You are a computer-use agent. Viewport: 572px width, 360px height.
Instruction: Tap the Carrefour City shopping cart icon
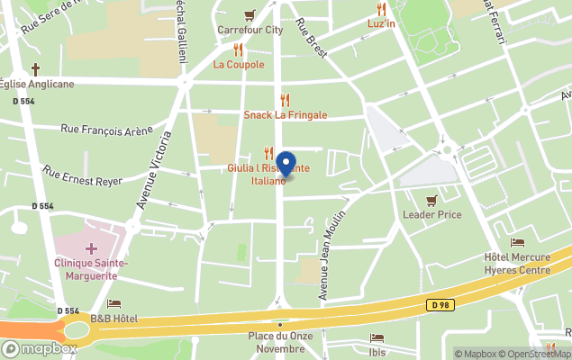[x=250, y=14]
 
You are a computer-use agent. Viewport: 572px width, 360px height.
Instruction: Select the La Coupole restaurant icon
[x=239, y=50]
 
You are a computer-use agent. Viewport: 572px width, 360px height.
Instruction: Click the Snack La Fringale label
[x=285, y=115]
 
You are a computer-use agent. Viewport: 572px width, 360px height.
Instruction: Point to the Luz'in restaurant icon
[x=381, y=9]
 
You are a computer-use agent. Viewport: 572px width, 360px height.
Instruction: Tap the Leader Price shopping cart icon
[x=431, y=200]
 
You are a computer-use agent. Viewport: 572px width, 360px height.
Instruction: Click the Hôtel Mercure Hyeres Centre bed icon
[x=517, y=242]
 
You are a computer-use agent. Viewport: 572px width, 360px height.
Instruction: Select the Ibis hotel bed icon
[x=377, y=338]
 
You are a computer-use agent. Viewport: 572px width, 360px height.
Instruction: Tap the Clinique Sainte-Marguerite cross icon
[x=90, y=247]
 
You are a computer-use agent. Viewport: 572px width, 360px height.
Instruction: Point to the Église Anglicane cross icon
[x=36, y=69]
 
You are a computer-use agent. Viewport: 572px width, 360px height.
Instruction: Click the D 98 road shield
[x=440, y=306]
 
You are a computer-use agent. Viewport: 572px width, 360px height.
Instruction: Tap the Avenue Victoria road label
[x=153, y=171]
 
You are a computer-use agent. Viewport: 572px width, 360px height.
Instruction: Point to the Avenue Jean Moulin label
[x=331, y=256]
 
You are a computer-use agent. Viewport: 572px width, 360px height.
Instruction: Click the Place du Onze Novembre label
[x=279, y=343]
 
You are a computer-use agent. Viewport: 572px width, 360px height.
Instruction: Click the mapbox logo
[x=41, y=348]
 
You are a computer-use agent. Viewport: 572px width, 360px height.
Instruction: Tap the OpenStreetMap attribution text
[x=535, y=354]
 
